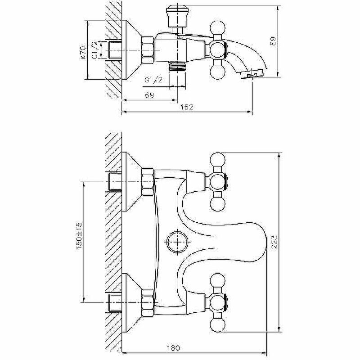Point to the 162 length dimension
pos(187,107)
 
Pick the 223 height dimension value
pos(274,243)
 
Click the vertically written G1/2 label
pos(95,49)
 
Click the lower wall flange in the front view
pos(130,301)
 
